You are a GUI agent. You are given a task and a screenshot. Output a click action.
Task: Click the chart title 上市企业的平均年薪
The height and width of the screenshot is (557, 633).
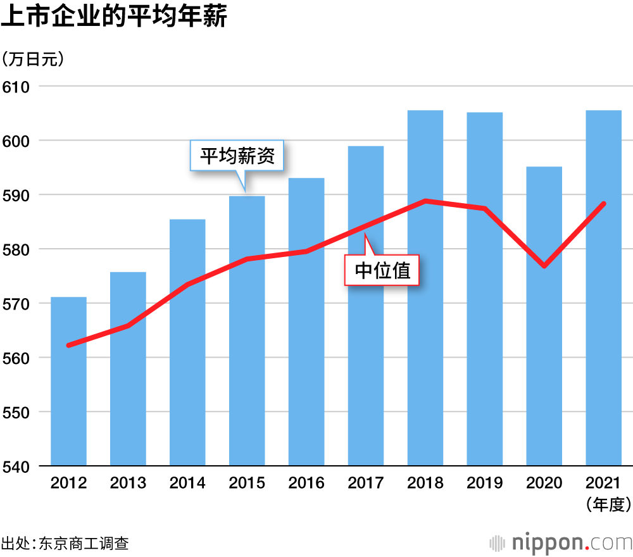tap(114, 17)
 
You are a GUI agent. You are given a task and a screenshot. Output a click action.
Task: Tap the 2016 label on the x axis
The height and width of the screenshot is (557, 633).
tap(306, 483)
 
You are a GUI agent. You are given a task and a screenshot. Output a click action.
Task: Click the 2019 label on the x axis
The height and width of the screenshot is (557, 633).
tap(485, 483)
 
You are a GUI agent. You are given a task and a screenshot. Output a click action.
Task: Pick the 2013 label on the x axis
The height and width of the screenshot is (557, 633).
tap(128, 483)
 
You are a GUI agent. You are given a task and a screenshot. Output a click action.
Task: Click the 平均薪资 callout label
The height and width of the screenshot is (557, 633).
tap(237, 156)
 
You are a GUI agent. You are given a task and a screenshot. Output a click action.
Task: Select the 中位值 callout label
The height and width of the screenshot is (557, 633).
tap(382, 270)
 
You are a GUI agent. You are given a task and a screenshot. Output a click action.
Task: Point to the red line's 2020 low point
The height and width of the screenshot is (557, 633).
tap(544, 266)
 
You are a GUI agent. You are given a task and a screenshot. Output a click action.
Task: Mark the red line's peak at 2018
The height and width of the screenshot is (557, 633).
tap(425, 201)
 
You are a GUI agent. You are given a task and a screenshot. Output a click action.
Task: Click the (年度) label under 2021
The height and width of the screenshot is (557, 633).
tap(603, 504)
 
